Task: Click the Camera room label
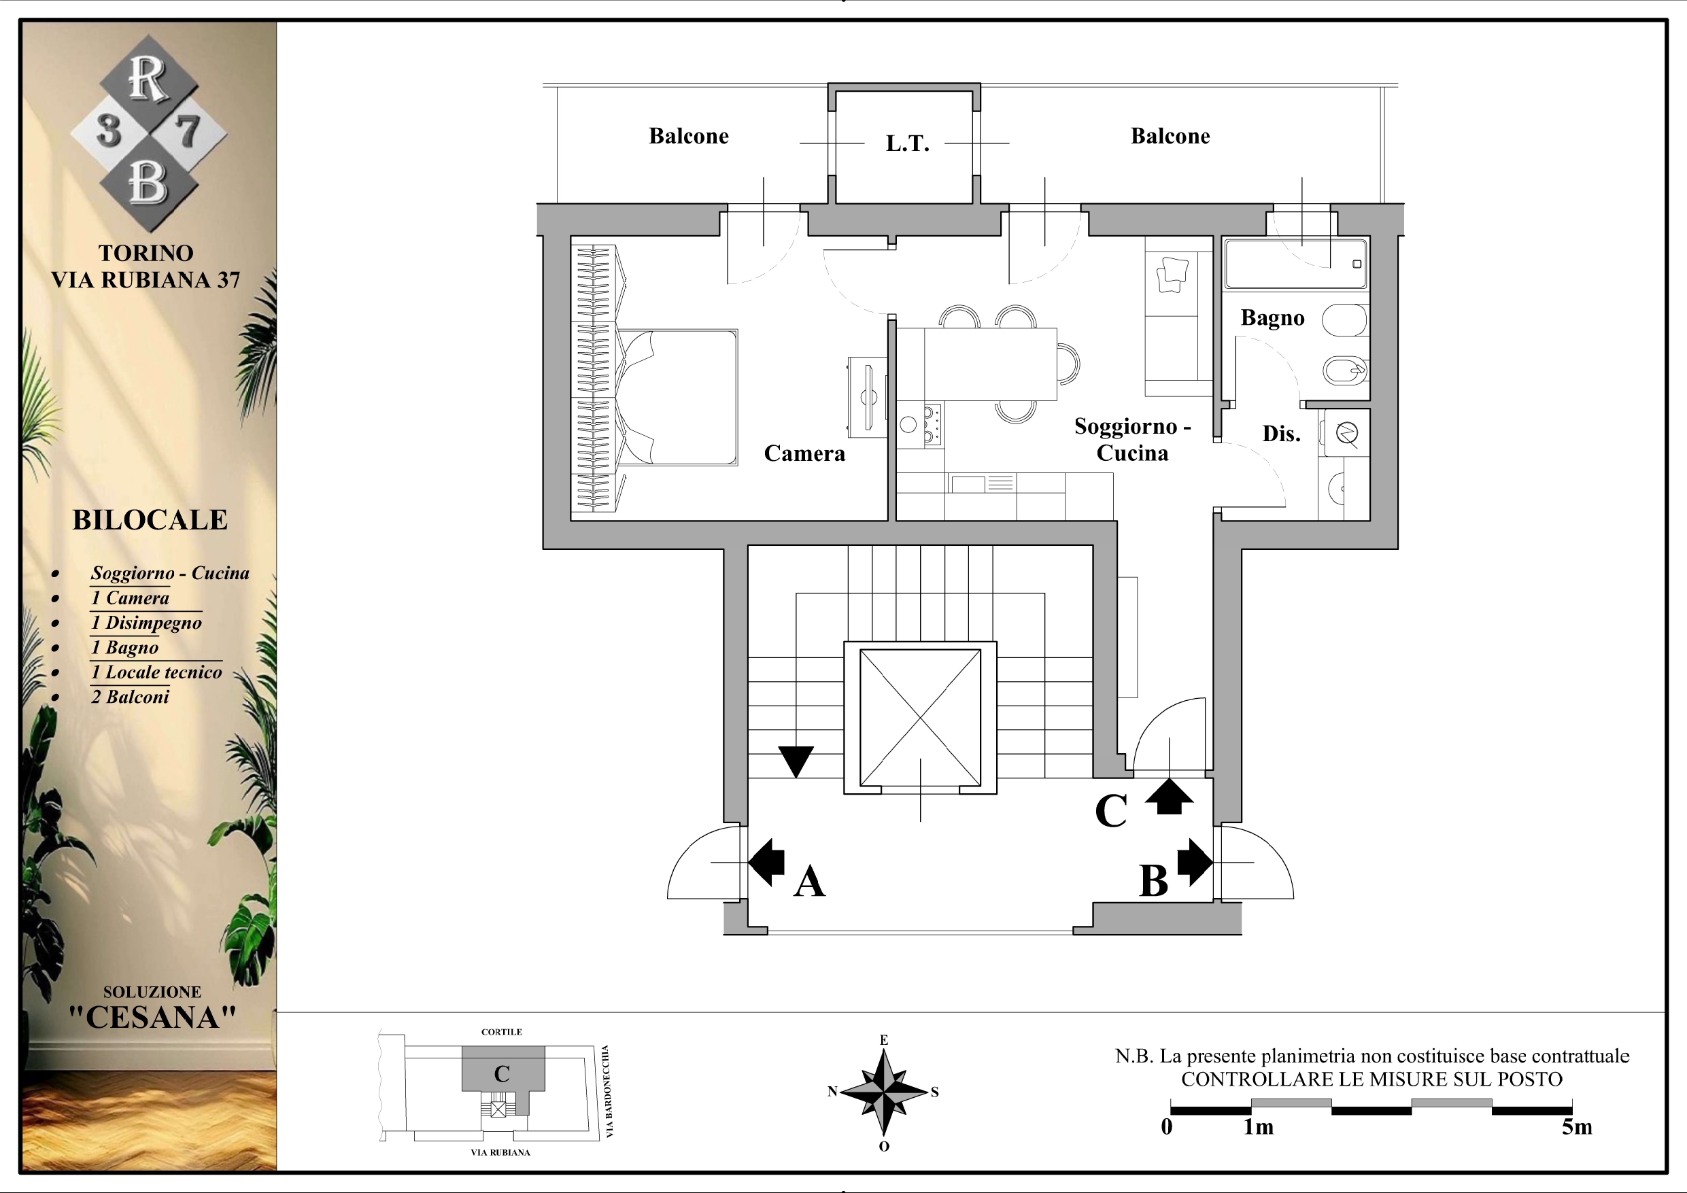point(804,453)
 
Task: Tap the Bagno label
point(1273,318)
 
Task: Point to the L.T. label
point(908,143)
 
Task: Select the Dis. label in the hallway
point(1282,434)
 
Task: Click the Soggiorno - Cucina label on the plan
point(1132,439)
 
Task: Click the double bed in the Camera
point(676,397)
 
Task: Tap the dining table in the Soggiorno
point(991,364)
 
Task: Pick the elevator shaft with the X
point(920,718)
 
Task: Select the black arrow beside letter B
point(1195,862)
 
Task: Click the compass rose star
point(884,1092)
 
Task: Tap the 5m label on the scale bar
point(1577,1127)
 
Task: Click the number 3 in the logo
point(109,131)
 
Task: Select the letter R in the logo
point(148,79)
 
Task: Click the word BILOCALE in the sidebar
point(150,520)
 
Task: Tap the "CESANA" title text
point(153,1018)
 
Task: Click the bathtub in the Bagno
point(1296,263)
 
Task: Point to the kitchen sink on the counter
point(968,484)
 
